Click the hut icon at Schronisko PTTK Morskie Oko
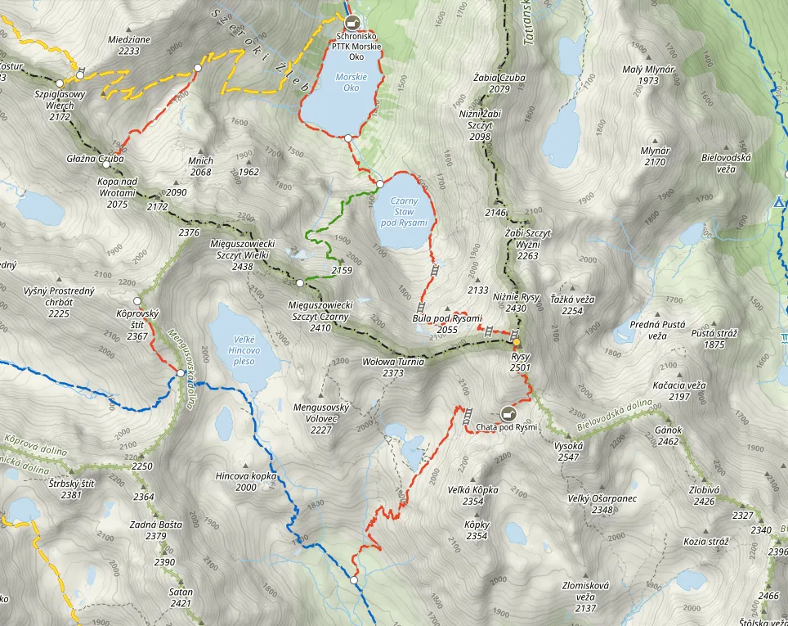click(x=352, y=22)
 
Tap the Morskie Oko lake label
click(x=351, y=82)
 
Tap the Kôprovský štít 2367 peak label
click(x=132, y=325)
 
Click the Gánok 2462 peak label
click(x=668, y=435)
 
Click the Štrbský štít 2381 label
click(x=71, y=489)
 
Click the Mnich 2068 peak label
click(x=200, y=166)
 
